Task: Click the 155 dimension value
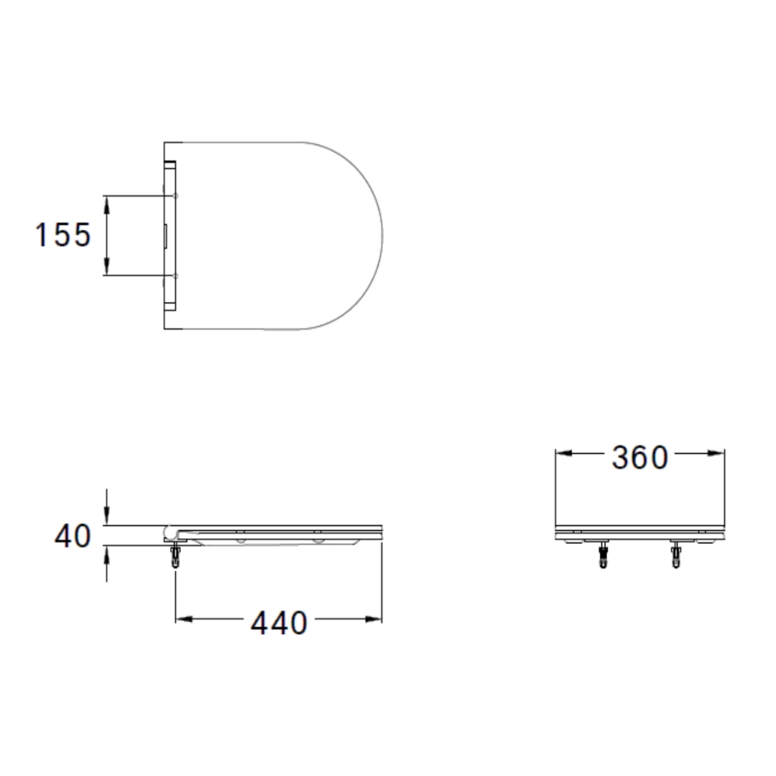63,234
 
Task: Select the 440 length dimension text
279,622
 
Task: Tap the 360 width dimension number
639,458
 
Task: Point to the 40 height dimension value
72,536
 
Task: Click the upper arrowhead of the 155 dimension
106,202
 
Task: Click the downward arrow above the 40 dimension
106,518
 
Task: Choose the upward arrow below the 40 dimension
106,553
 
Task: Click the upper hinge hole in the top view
176,196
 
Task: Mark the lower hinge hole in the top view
176,275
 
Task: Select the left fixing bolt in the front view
603,556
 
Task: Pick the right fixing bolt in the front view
676,556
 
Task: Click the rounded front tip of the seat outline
383,235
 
